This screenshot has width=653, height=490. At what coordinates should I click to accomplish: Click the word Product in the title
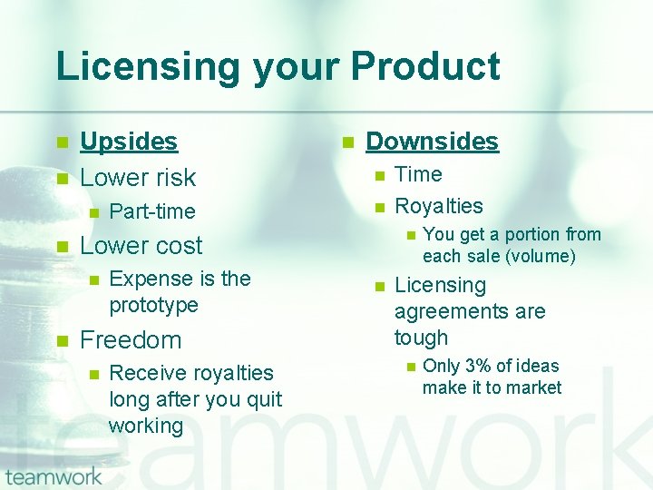pos(425,67)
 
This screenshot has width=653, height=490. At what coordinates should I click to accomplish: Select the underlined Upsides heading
pos(129,142)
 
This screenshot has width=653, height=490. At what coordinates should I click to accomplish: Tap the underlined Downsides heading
pos(432,142)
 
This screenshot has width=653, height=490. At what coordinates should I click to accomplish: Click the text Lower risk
pos(138,177)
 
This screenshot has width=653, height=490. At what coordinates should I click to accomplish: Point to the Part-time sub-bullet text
pos(151,211)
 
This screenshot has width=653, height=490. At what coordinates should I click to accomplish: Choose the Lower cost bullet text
pos(141,246)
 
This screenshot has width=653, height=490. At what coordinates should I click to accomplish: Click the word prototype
pos(153,305)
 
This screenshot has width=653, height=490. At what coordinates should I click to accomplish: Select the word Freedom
pos(131,340)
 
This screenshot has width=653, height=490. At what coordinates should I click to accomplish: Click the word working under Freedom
pos(146,426)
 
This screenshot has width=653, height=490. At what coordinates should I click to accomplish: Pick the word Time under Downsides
pos(418,174)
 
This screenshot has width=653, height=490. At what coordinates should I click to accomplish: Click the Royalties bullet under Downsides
pos(439,206)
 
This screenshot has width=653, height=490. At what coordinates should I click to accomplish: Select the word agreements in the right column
pos(470,311)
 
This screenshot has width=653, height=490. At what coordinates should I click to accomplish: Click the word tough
pos(421,338)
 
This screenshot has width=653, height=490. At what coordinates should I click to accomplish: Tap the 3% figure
pos(479,366)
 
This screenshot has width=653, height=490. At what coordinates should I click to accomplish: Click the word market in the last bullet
pos(535,387)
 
